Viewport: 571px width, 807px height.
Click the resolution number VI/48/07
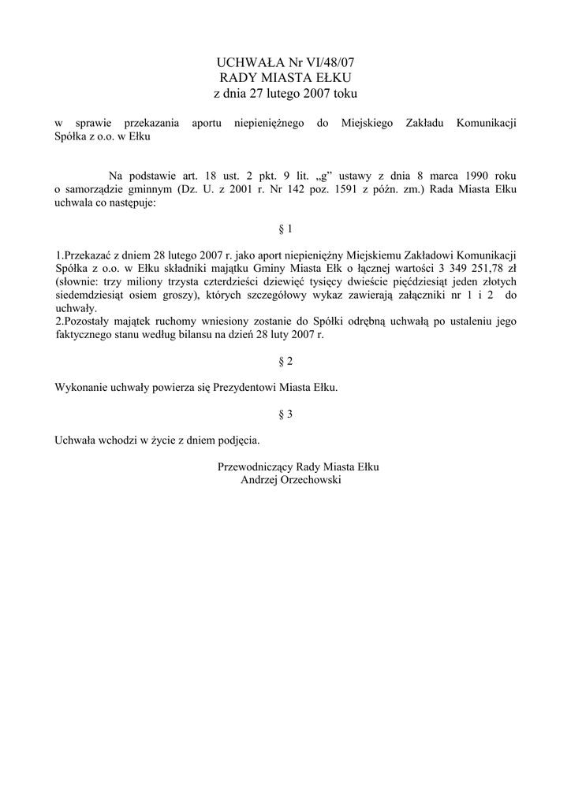334,62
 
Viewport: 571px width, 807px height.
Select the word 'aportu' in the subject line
208,124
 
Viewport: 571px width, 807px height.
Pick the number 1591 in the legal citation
362,189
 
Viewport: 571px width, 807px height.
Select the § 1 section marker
285,229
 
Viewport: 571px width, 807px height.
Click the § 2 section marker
285,361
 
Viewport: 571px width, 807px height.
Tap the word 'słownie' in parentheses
77,282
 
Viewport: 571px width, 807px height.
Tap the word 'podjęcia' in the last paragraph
237,441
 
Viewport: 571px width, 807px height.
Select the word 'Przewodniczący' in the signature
255,467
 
